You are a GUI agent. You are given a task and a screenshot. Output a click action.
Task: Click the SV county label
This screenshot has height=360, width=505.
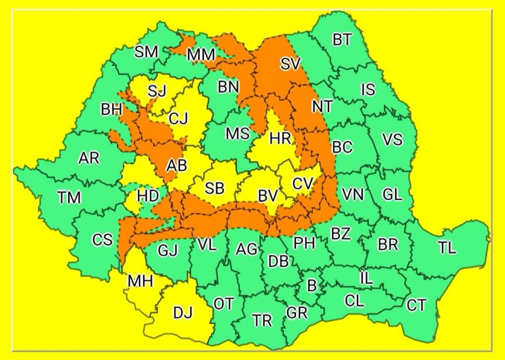[291, 64]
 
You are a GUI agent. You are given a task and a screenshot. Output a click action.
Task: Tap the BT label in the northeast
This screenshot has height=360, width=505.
[342, 40]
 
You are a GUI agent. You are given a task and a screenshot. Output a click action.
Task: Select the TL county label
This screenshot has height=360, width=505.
[446, 248]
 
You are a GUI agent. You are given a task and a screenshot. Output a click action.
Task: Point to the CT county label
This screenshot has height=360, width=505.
[416, 305]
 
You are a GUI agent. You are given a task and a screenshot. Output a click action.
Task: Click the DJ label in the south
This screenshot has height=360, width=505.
[183, 313]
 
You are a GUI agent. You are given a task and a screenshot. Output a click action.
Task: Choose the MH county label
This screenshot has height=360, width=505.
[140, 281]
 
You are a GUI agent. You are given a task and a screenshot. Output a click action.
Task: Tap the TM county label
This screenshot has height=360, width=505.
[69, 198]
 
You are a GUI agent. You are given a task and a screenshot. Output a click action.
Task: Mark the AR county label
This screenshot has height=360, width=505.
[89, 158]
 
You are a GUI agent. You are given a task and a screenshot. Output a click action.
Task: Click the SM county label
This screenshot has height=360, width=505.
[146, 52]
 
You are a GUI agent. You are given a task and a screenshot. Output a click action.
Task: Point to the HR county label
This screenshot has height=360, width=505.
[280, 138]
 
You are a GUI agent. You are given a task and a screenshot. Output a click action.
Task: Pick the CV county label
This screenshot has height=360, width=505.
[302, 184]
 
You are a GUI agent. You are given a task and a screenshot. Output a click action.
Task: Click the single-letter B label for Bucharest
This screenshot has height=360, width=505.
[312, 285]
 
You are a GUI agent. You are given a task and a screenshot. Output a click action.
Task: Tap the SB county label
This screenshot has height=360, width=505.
[214, 188]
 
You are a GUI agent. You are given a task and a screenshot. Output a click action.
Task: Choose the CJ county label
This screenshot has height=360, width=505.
[179, 119]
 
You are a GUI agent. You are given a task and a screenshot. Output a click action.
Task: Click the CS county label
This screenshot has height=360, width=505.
[102, 240]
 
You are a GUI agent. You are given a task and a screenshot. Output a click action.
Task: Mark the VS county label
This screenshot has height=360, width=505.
[392, 139]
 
